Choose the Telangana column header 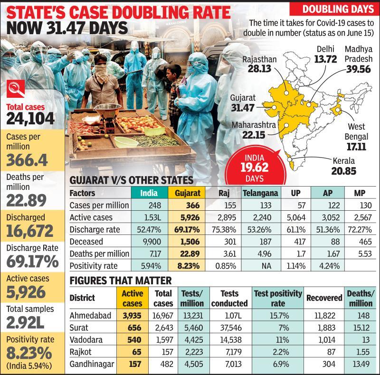pos(260,194)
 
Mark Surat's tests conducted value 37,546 pos(229,328)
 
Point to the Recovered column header pos(324,298)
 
